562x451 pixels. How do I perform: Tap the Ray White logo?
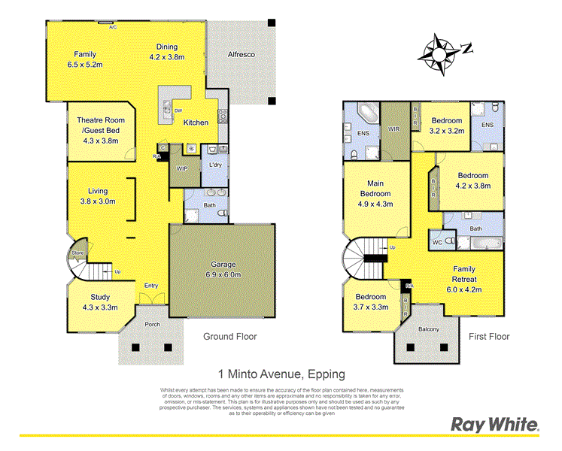494,425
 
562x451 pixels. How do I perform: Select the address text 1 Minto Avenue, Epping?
281,373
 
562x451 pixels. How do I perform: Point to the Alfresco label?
242,55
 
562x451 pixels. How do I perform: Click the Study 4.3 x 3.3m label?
100,302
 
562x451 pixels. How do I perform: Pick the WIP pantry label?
181,169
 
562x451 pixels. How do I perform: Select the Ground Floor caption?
230,337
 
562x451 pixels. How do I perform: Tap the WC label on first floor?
436,243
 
